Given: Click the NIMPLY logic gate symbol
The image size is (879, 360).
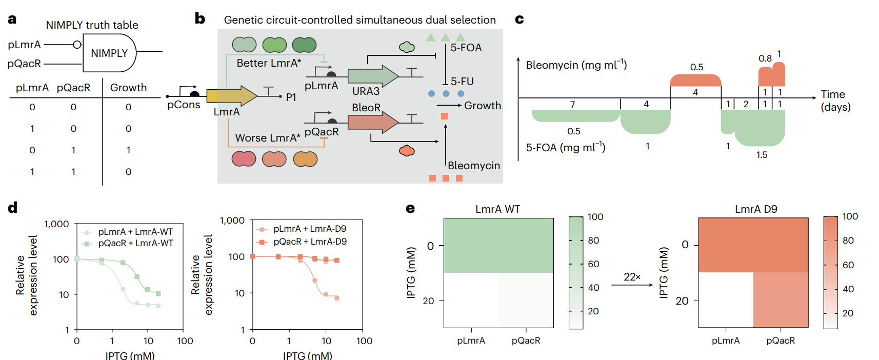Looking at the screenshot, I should pyautogui.click(x=109, y=53).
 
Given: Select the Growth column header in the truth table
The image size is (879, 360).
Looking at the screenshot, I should pyautogui.click(x=128, y=88).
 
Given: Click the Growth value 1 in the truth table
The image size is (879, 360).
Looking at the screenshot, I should pyautogui.click(x=128, y=150).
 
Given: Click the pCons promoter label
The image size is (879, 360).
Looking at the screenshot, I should pyautogui.click(x=184, y=105).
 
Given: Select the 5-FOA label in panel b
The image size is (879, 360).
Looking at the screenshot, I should pyautogui.click(x=466, y=48).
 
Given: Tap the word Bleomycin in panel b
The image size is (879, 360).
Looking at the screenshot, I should pyautogui.click(x=473, y=166).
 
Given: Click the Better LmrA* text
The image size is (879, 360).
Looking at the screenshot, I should pyautogui.click(x=269, y=63).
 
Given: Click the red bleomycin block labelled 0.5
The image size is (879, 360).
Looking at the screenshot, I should pyautogui.click(x=695, y=80).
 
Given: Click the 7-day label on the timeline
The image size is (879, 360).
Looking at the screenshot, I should pyautogui.click(x=572, y=104).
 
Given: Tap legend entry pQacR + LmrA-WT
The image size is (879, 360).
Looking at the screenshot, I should pyautogui.click(x=135, y=243).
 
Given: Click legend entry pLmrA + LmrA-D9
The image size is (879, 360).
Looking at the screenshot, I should pyautogui.click(x=309, y=229).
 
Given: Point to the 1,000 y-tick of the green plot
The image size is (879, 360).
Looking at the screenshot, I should pyautogui.click(x=56, y=224).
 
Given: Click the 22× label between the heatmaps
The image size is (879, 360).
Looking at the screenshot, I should pyautogui.click(x=632, y=277).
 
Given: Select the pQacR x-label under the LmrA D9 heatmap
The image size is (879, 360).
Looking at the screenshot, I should pyautogui.click(x=780, y=341).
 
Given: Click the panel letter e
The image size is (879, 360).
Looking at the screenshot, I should pyautogui.click(x=410, y=208).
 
